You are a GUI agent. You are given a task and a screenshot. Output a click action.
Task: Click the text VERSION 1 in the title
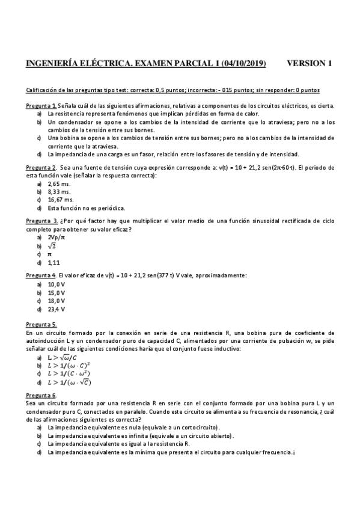pyautogui.click(x=310, y=63)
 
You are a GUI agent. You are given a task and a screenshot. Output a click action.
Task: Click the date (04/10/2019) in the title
pyautogui.click(x=244, y=63)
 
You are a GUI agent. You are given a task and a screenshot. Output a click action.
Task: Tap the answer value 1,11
pyautogui.click(x=54, y=262)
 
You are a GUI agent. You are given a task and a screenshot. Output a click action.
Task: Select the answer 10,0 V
pyautogui.click(x=56, y=284)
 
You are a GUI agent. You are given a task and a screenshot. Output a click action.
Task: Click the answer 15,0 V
pyautogui.click(x=56, y=292)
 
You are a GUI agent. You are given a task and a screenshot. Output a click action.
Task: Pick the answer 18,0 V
pyautogui.click(x=56, y=301)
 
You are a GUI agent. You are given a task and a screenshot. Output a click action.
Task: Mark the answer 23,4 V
pyautogui.click(x=56, y=309)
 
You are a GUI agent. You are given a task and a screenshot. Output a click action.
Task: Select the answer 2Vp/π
pyautogui.click(x=56, y=237)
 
